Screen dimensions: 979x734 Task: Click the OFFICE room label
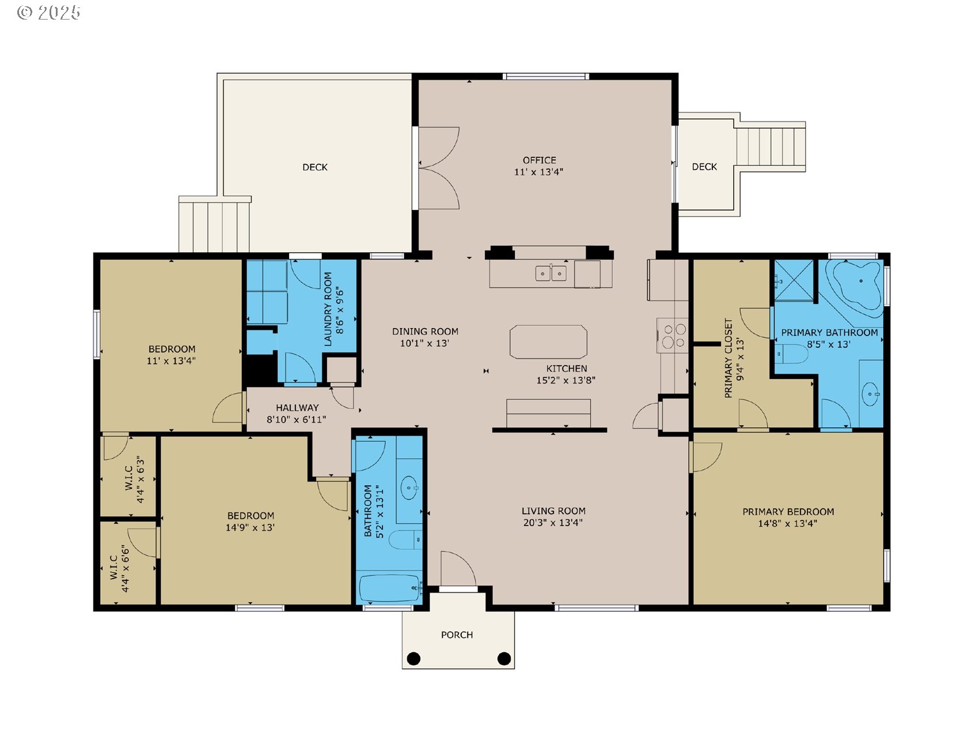click(x=539, y=160)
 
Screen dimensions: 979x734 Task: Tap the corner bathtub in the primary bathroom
click(x=854, y=288)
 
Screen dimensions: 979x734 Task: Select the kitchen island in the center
click(x=548, y=342)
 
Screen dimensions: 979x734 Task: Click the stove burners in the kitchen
click(x=674, y=336)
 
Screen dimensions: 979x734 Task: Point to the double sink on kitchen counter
click(x=551, y=273)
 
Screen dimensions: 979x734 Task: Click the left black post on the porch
click(x=413, y=658)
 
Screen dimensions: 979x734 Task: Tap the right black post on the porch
click(x=504, y=658)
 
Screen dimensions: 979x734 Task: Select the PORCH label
click(x=457, y=634)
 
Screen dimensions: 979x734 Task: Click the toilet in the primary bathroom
click(x=792, y=353)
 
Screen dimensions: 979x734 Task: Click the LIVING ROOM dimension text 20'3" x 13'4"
click(x=553, y=523)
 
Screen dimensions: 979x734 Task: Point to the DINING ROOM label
click(x=425, y=332)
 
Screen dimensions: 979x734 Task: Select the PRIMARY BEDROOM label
click(x=788, y=512)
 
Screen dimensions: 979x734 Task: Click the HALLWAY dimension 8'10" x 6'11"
click(x=297, y=420)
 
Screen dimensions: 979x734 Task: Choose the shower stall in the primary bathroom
click(x=794, y=280)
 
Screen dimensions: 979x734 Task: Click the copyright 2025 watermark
click(x=49, y=13)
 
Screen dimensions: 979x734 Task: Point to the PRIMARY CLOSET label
click(x=728, y=358)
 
